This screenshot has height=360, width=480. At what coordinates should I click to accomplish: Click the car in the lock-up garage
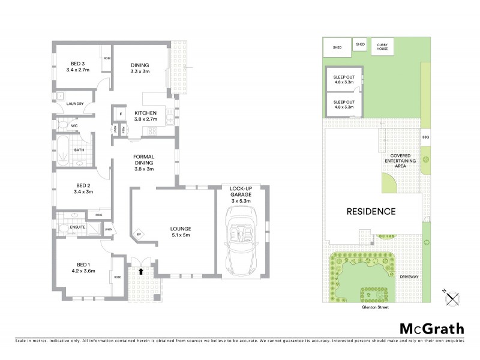pyautogui.click(x=242, y=237)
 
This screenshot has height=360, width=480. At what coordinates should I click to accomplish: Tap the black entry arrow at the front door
pyautogui.click(x=141, y=271)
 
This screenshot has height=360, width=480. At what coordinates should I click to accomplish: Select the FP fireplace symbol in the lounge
pyautogui.click(x=139, y=234)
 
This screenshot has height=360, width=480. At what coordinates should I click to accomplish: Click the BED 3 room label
pyautogui.click(x=77, y=63)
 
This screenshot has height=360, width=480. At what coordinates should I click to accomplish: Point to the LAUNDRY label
pyautogui.click(x=75, y=103)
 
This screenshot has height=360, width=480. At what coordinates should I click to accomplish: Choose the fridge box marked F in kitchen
pyautogui.click(x=121, y=113)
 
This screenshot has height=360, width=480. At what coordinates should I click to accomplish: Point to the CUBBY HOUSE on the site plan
pyautogui.click(x=382, y=47)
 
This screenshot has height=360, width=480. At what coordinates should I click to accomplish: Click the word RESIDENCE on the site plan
pyautogui.click(x=371, y=211)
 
